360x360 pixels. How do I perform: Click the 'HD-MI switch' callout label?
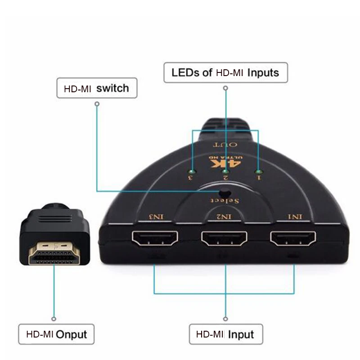(x=97, y=88)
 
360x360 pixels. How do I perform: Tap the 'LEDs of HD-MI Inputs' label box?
(x=225, y=72)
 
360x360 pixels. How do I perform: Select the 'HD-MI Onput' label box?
(x=56, y=334)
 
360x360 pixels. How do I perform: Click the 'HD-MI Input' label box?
(x=225, y=334)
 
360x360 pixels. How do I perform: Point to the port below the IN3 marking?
(x=154, y=238)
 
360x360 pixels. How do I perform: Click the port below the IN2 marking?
(x=224, y=238)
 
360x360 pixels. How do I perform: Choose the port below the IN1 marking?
(x=292, y=238)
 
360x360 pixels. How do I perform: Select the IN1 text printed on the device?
(x=295, y=217)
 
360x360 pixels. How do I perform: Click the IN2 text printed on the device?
(x=225, y=217)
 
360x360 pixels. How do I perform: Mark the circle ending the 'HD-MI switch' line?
(x=96, y=103)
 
